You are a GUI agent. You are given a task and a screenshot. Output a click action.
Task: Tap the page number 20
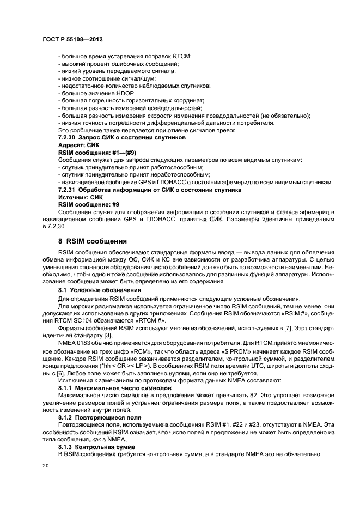click(x=46, y=466)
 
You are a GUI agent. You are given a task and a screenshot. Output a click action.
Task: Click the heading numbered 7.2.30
click(x=122, y=138)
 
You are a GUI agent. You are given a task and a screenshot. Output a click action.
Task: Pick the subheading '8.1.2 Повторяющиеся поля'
click(x=100, y=417)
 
